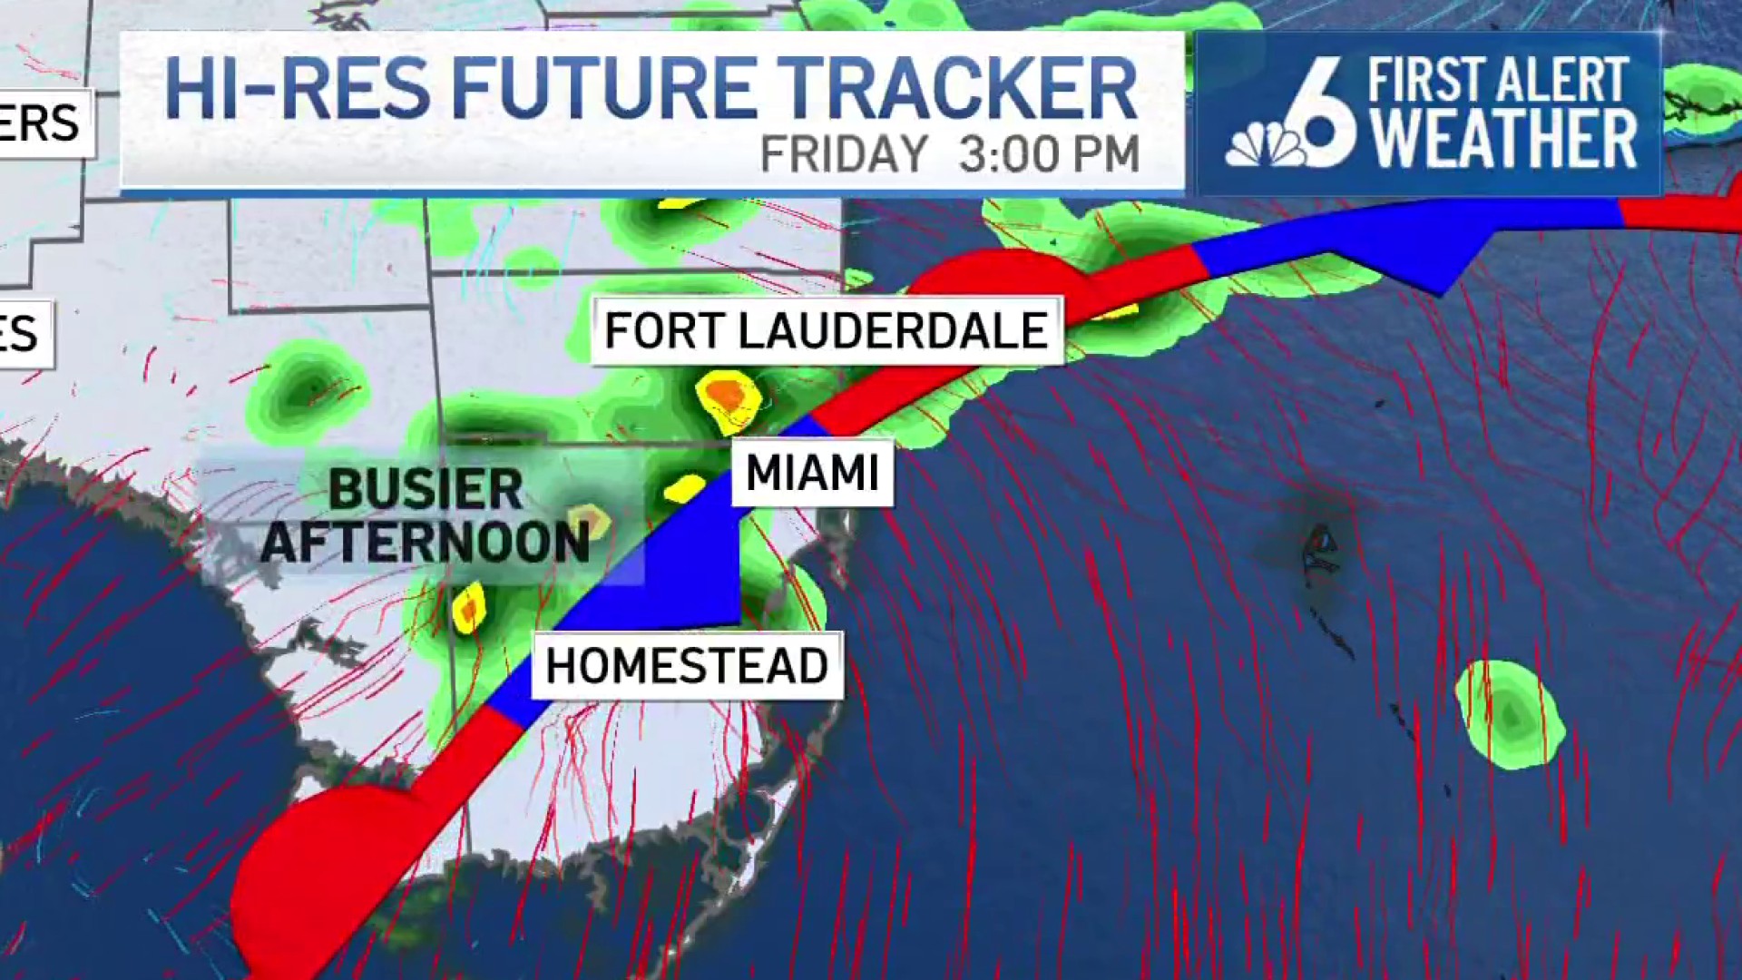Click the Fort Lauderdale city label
point(826,330)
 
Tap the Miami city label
point(812,473)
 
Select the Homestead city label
point(687,666)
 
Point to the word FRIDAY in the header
point(844,154)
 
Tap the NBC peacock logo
point(1266,145)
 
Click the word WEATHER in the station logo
point(1503,140)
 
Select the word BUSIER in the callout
point(426,490)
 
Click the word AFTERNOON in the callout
point(426,542)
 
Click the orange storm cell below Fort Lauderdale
point(727,396)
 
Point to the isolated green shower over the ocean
point(1509,714)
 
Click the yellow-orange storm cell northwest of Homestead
point(469,609)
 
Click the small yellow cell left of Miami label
point(685,488)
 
